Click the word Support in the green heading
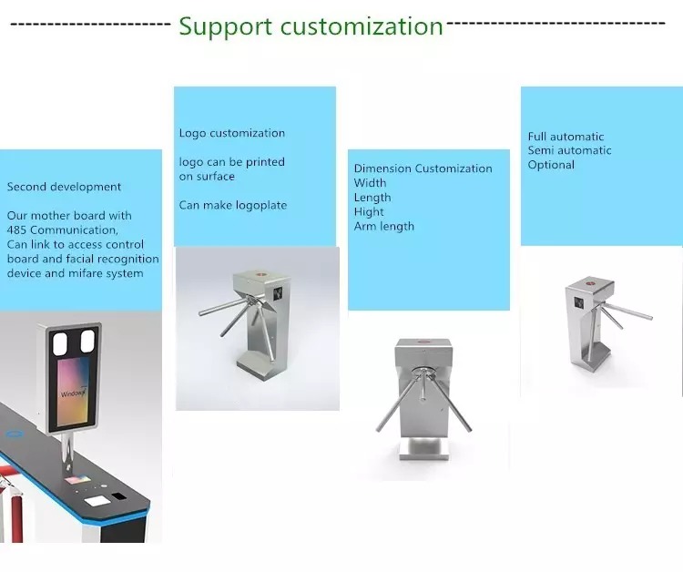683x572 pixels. point(226,27)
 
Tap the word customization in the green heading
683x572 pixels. point(362,26)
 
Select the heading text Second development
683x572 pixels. point(64,187)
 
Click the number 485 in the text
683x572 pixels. point(17,230)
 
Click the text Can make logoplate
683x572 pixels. point(233,205)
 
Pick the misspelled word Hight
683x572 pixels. point(369,212)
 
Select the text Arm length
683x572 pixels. point(383,227)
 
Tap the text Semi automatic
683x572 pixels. point(570,150)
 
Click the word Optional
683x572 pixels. point(551,165)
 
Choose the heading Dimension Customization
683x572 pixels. point(423,169)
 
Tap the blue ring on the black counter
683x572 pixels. point(15,434)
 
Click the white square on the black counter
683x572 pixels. point(97,501)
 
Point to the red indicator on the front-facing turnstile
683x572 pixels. point(423,342)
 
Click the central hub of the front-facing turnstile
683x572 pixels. point(423,372)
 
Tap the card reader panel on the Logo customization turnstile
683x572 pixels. point(279,293)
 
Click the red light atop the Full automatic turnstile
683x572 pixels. point(590,283)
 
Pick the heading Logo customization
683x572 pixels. point(232,133)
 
